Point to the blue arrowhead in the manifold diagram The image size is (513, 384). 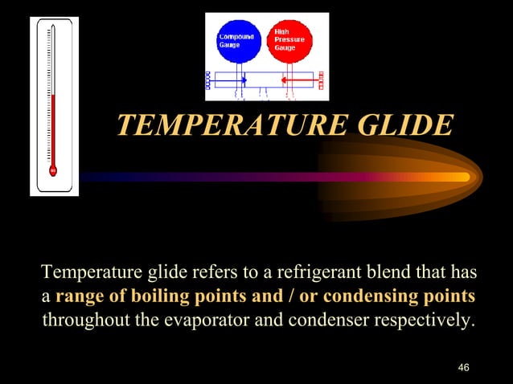click(244, 80)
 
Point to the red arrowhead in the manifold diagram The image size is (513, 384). click(283, 80)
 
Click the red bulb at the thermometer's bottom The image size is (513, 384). click(53, 170)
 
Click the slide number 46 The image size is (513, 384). click(462, 367)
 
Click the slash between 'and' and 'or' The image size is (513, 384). click(286, 296)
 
